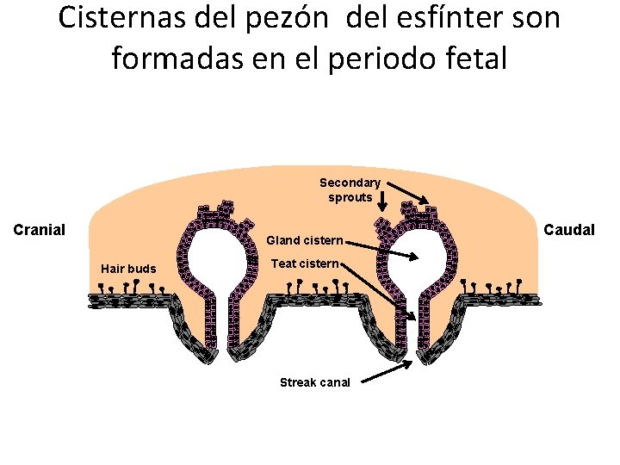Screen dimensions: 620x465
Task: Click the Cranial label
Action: (40, 229)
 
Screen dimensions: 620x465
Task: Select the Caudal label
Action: (568, 229)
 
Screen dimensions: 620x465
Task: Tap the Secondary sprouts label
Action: (350, 189)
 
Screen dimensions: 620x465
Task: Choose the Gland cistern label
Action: (305, 239)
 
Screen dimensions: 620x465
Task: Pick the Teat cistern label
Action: (306, 263)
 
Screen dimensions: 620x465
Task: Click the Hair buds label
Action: (128, 269)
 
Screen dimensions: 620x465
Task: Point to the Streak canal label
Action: (315, 382)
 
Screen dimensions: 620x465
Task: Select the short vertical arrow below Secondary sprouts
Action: (382, 201)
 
